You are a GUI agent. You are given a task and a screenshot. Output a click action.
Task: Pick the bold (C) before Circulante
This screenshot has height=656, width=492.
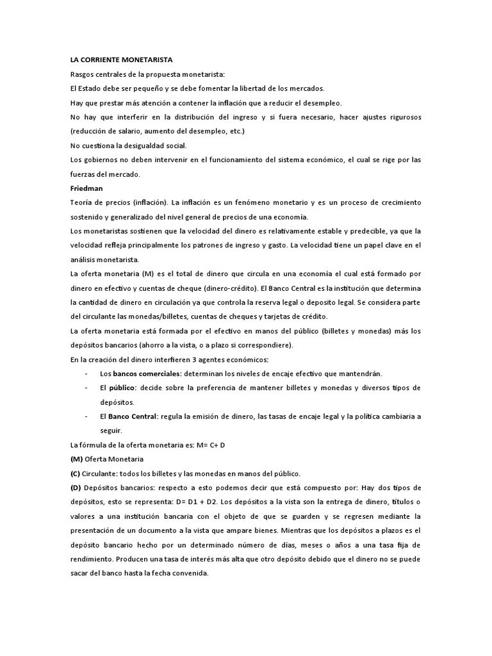click(74, 474)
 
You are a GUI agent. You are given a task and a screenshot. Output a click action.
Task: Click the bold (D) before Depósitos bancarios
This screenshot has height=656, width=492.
click(74, 488)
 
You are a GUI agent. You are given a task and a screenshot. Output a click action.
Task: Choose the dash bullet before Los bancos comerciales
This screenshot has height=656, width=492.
click(86, 373)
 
